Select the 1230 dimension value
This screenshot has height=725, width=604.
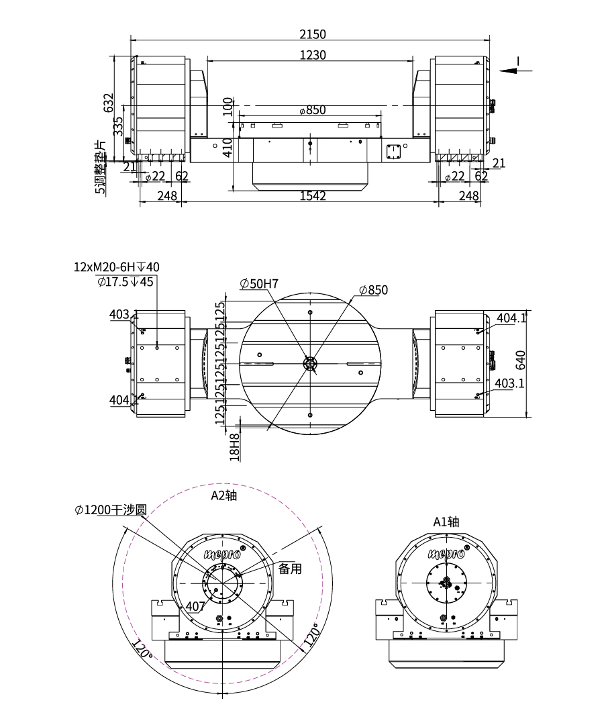pos(313,55)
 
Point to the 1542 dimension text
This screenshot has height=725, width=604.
pos(313,195)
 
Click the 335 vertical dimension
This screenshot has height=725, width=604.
pos(118,126)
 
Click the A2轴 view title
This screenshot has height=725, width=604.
pos(223,496)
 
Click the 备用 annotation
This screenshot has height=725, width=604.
pos(290,569)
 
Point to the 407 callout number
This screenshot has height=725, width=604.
pos(195,606)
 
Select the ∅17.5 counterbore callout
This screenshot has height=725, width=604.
pos(125,281)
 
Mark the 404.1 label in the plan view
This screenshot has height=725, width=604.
pos(511,318)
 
